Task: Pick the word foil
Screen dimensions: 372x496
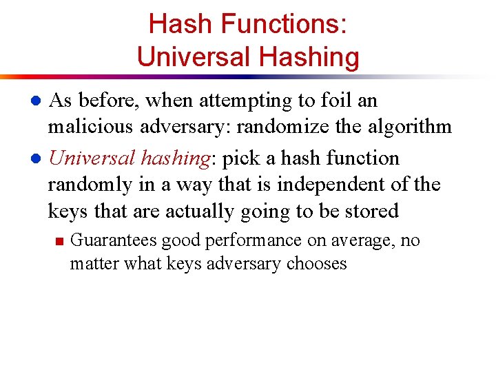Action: (x=329, y=101)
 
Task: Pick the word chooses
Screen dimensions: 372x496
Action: (x=317, y=263)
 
